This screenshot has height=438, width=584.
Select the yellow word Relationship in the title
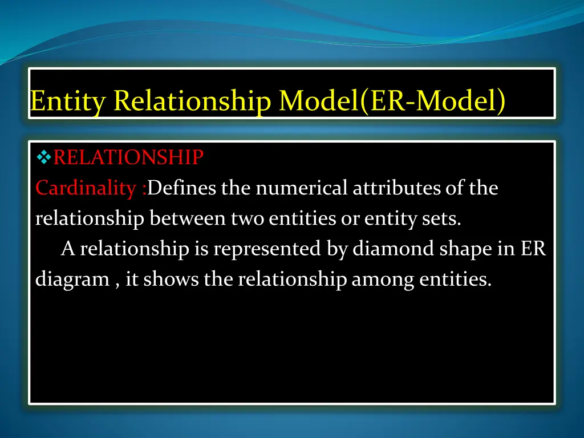pos(192,102)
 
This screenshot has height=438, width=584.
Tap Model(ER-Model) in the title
pos(392,102)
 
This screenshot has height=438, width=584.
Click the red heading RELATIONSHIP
pos(128,157)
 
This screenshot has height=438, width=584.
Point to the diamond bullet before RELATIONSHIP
pos(44,156)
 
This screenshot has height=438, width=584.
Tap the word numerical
pos(302,188)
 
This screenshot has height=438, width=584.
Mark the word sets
pos(446,219)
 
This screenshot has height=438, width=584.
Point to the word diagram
pos(72,280)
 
